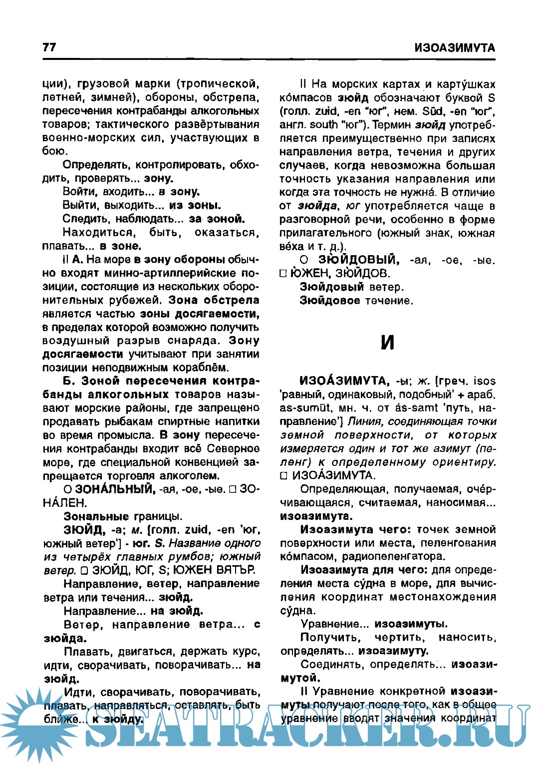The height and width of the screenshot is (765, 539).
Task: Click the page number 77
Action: (x=49, y=47)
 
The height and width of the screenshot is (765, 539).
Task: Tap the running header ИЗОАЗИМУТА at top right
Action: (x=455, y=48)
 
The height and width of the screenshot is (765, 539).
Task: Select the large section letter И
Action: (x=387, y=342)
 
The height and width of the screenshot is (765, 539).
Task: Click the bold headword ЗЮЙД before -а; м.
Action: (x=84, y=530)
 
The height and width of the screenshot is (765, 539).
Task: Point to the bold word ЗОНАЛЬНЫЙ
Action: (x=115, y=489)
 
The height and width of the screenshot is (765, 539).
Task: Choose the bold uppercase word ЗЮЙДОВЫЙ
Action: (x=359, y=260)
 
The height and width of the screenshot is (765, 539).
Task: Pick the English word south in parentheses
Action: (x=323, y=125)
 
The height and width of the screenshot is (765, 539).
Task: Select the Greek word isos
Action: (x=485, y=382)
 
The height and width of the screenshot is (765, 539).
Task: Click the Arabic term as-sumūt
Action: (x=304, y=408)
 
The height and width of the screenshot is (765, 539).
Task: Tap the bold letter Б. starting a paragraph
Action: (x=68, y=382)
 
